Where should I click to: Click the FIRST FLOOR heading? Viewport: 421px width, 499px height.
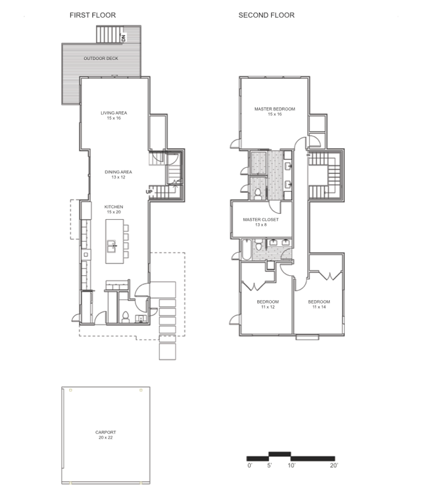[93, 15]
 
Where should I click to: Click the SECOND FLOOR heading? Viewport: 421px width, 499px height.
[266, 15]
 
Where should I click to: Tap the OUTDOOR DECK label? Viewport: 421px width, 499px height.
[101, 58]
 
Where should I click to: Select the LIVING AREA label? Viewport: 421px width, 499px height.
[114, 113]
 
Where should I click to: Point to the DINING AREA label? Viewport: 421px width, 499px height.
[118, 172]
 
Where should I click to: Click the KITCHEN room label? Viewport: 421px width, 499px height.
[114, 207]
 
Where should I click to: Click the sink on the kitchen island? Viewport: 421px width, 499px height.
[111, 246]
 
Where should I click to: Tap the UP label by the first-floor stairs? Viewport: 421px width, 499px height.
[149, 192]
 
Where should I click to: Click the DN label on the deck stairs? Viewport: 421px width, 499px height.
[124, 38]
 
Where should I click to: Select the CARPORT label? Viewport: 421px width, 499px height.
[105, 432]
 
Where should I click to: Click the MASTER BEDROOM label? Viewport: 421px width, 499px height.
[275, 109]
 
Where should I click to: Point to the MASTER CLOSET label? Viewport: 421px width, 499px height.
[260, 220]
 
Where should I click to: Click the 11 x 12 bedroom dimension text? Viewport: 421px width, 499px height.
[268, 307]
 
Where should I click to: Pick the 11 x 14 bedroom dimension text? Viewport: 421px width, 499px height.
[319, 307]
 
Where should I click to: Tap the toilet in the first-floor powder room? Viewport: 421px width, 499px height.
[126, 317]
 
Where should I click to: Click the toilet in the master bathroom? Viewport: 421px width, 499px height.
[258, 194]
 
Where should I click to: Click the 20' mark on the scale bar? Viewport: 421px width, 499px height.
[334, 465]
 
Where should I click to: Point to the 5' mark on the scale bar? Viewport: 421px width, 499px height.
[269, 465]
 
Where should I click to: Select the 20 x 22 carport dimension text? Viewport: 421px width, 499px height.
[105, 438]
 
